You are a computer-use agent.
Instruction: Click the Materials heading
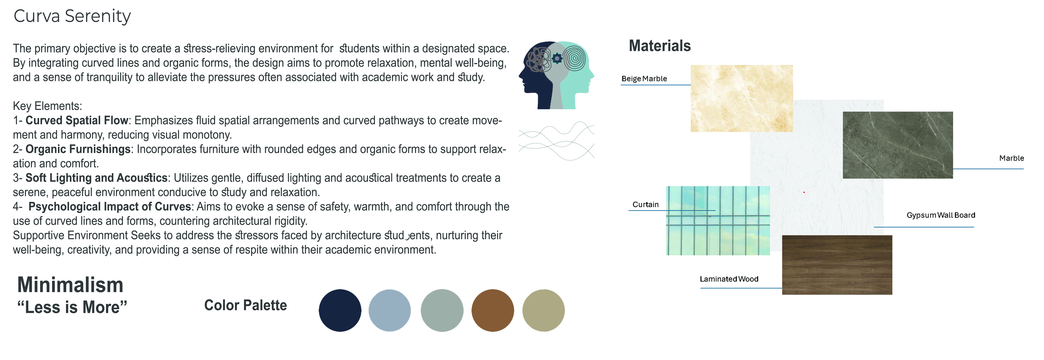(x=659, y=46)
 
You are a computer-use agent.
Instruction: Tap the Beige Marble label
(x=644, y=79)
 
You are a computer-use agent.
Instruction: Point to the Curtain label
(x=646, y=204)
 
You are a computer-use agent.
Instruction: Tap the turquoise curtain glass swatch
(x=718, y=221)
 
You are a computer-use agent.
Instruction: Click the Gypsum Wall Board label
(x=941, y=215)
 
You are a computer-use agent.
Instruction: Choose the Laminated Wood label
(x=729, y=279)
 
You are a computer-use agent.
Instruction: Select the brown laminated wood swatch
(x=837, y=265)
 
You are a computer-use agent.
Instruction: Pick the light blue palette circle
(x=389, y=311)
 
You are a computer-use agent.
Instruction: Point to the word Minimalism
(x=70, y=285)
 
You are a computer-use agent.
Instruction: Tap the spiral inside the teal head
(x=575, y=58)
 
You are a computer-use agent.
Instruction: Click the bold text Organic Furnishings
(x=78, y=149)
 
